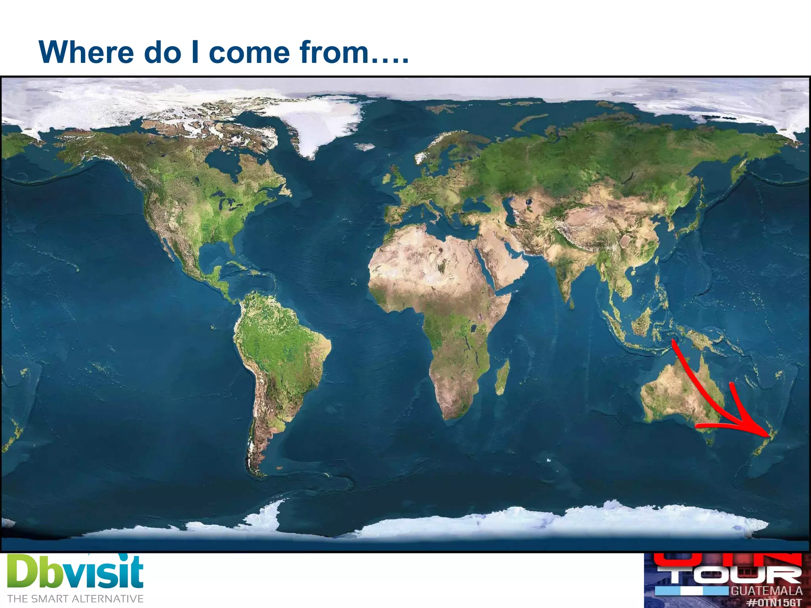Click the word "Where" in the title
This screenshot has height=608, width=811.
(86, 52)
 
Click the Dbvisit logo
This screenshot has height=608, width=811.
(75, 572)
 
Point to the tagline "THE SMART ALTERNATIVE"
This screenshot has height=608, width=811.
(75, 599)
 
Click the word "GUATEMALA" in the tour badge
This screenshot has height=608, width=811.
(767, 591)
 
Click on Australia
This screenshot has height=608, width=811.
(677, 392)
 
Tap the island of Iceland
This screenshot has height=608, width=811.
(364, 147)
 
